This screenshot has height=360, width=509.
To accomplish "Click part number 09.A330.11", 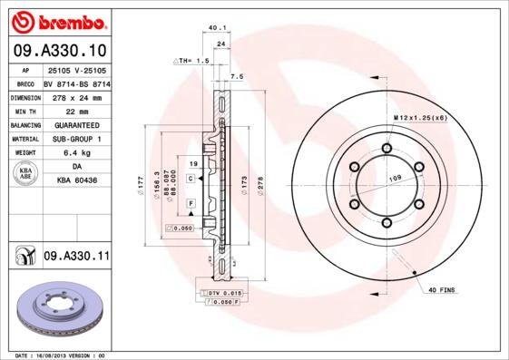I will point(76,257).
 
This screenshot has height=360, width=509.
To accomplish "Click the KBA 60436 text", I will point(76,181).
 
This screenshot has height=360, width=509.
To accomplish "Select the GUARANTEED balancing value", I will point(76,124).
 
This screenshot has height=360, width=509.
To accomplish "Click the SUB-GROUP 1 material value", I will point(76,139).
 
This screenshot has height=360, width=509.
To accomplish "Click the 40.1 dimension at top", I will point(217,27).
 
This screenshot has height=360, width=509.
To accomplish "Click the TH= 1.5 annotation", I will point(191,60).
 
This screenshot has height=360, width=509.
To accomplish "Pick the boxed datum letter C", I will point(191,180).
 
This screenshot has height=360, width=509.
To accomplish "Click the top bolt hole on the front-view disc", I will point(387,149).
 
